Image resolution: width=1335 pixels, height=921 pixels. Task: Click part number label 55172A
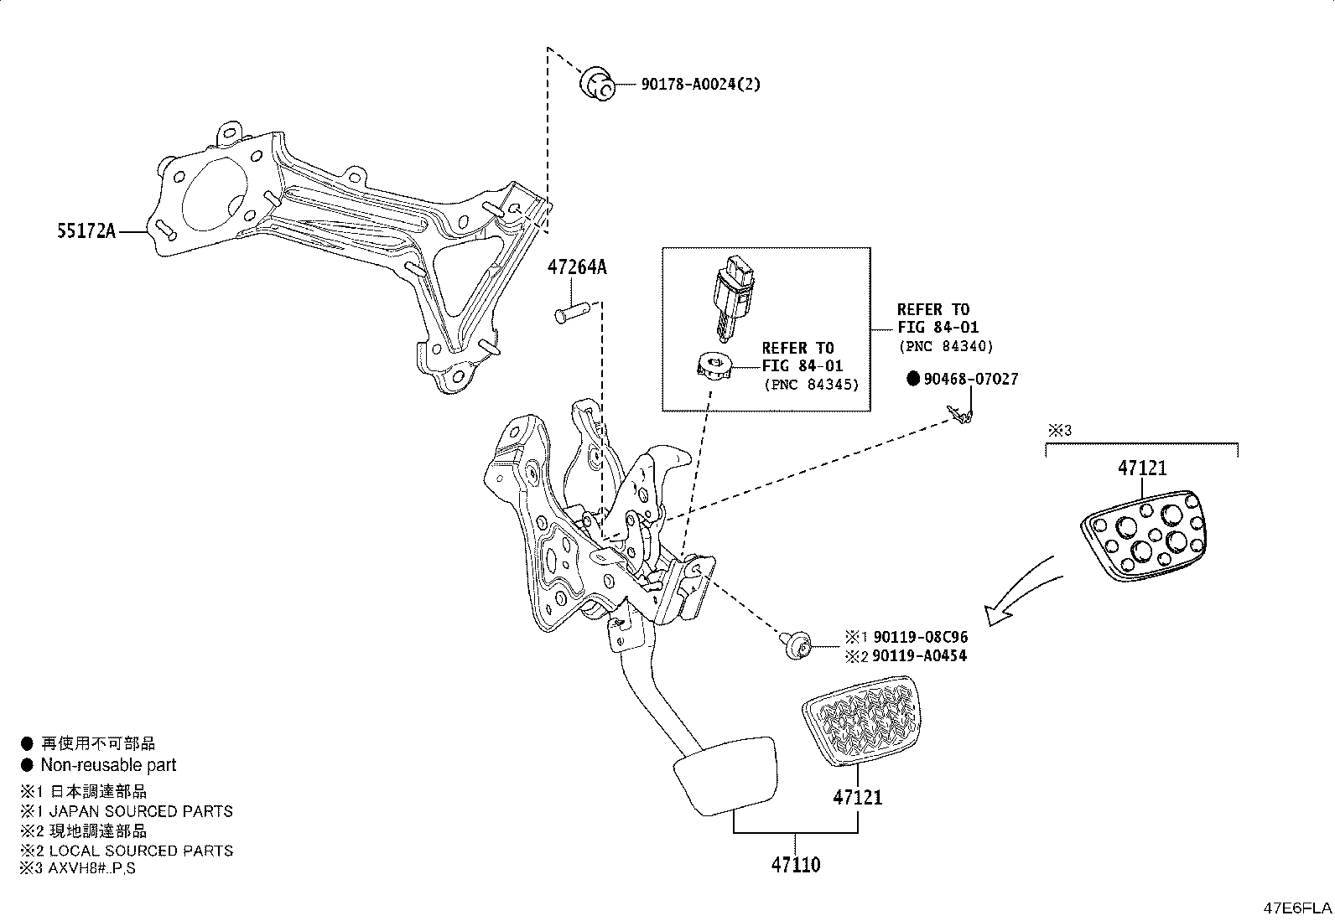tap(86, 231)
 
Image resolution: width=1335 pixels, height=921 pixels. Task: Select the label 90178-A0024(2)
tap(701, 84)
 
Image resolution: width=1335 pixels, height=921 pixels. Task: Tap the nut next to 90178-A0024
tap(597, 85)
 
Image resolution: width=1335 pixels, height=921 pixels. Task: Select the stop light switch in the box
tap(730, 298)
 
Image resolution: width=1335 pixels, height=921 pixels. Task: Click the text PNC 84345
tap(812, 385)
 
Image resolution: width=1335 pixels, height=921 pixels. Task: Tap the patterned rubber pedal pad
tap(862, 721)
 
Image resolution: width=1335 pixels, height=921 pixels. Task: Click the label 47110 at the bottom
tap(796, 864)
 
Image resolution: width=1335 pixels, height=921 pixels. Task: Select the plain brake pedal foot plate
tap(723, 774)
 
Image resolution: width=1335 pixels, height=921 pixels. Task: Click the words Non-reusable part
tap(108, 765)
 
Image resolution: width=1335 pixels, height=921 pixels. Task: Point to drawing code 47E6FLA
tap(1297, 908)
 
